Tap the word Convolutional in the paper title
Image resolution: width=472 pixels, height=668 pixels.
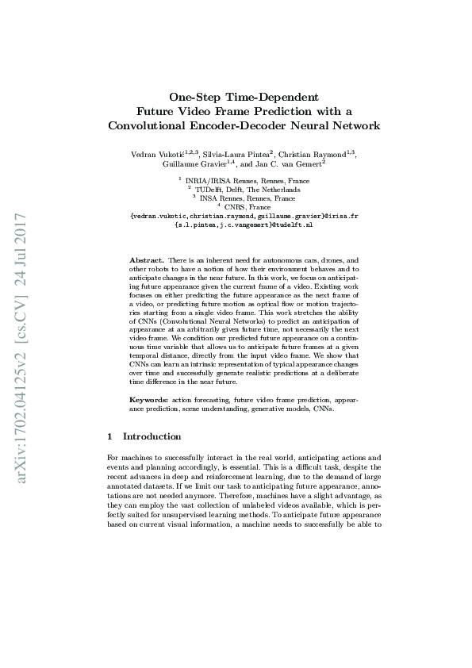149,125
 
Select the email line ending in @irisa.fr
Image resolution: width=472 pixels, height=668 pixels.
244,216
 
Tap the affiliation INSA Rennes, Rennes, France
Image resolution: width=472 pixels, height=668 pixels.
247,198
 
